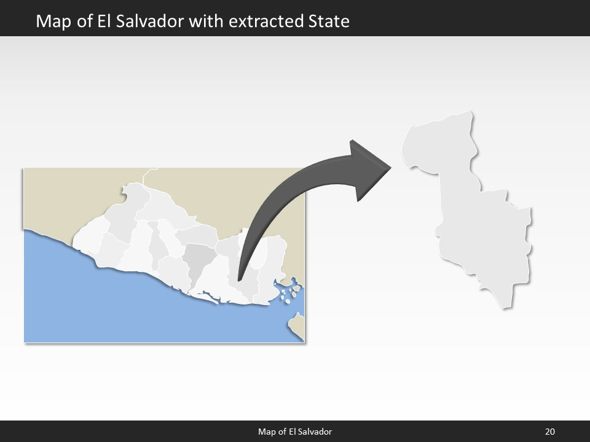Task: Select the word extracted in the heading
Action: pos(266,21)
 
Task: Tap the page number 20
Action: pos(549,432)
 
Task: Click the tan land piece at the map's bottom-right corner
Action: pos(297,325)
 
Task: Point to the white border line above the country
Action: pos(145,176)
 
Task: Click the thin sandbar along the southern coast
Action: pos(209,298)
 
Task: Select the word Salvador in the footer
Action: pos(314,432)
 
